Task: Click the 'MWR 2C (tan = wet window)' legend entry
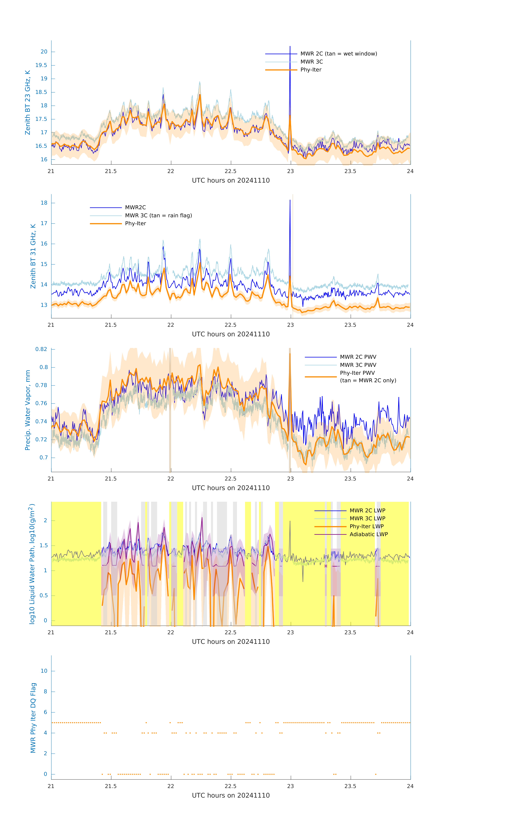coord(338,54)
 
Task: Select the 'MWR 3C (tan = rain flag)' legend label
coord(158,216)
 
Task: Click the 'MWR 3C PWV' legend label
coord(358,365)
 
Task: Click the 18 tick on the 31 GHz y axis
coord(44,203)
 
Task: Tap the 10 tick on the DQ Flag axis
coord(44,671)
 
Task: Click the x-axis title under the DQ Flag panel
coord(231,796)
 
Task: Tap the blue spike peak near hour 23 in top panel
coord(290,47)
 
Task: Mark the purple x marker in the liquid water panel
coord(326,566)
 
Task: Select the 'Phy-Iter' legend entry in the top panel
coord(311,70)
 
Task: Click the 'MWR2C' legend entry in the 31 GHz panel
coord(135,207)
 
